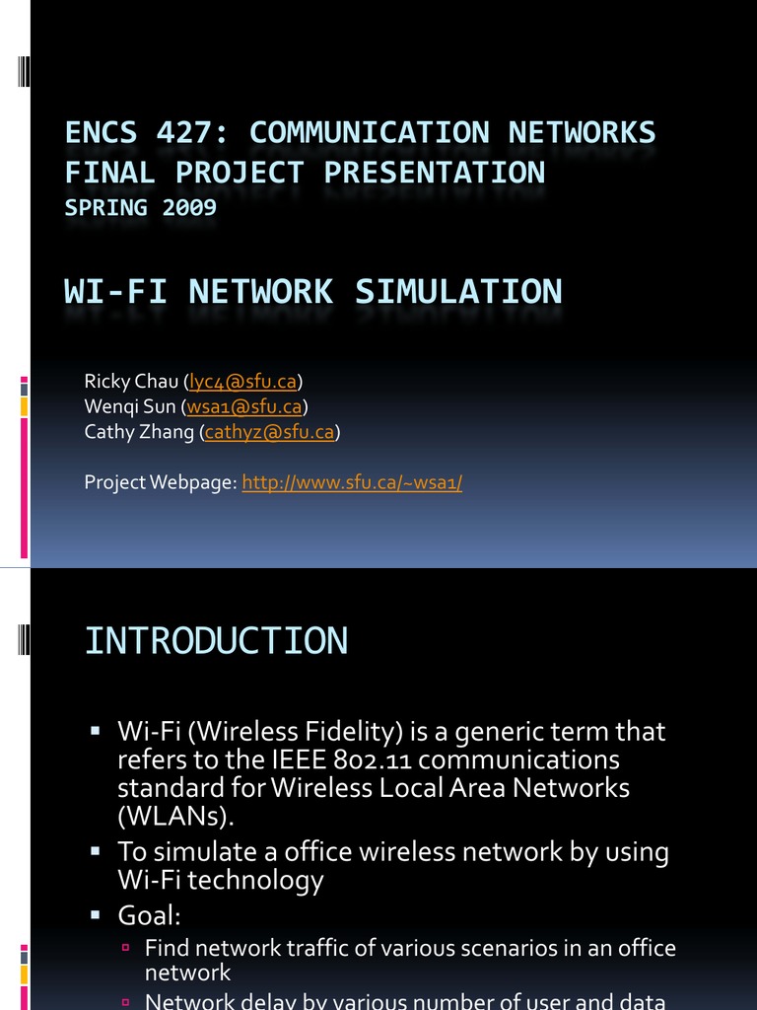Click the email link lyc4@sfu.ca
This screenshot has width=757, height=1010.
[x=243, y=382]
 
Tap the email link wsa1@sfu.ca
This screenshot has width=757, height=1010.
[x=244, y=406]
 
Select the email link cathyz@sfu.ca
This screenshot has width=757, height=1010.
[x=269, y=432]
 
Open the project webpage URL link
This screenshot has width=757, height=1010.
[x=352, y=482]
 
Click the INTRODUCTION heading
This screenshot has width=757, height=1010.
[x=216, y=641]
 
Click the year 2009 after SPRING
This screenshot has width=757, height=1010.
[x=188, y=208]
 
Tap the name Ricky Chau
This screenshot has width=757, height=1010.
[x=131, y=382]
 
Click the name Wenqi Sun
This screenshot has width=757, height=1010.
[x=130, y=406]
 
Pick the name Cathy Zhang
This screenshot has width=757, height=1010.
[x=140, y=432]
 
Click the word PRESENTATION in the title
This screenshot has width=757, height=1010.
[x=435, y=173]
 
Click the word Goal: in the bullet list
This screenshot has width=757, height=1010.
[x=149, y=915]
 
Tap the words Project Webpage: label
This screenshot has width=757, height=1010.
[x=161, y=482]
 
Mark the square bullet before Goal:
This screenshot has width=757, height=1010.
[x=96, y=914]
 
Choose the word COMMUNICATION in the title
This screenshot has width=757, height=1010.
[x=370, y=132]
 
